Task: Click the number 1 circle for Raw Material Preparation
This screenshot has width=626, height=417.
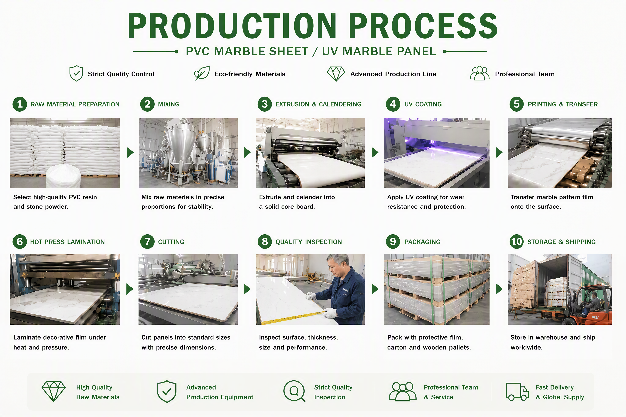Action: click(x=20, y=104)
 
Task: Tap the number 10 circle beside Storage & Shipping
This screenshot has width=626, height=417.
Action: click(x=517, y=242)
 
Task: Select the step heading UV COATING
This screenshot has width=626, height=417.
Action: click(x=423, y=104)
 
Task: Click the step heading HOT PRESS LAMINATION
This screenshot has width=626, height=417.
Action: click(x=67, y=242)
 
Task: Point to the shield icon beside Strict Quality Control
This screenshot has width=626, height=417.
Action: click(x=76, y=73)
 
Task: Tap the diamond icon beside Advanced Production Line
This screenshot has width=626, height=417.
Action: click(x=336, y=74)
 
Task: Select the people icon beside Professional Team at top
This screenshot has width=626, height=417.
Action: click(x=480, y=73)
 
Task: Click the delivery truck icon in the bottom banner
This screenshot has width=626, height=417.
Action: click(x=517, y=392)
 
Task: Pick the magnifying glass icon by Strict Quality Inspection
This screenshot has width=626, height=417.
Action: click(x=294, y=391)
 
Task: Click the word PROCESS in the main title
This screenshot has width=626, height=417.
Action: click(x=423, y=26)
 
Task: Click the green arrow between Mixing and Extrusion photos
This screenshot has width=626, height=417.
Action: click(x=247, y=152)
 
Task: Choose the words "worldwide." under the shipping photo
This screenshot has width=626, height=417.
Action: click(x=526, y=347)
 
